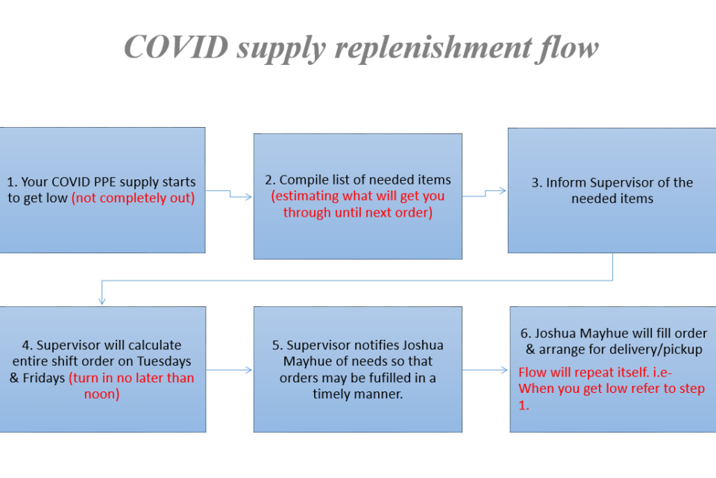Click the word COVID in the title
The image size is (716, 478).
176,47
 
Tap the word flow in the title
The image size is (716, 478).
569,49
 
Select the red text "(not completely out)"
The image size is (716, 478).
134,198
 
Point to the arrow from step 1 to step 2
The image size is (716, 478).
229,194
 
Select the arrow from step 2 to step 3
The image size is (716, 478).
485,193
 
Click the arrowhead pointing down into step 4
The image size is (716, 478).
102,301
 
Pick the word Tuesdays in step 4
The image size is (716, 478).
164,361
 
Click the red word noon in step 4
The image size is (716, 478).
99,394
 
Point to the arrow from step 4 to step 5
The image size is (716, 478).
229,370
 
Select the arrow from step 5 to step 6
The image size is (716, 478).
485,370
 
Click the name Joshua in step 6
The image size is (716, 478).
555,333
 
